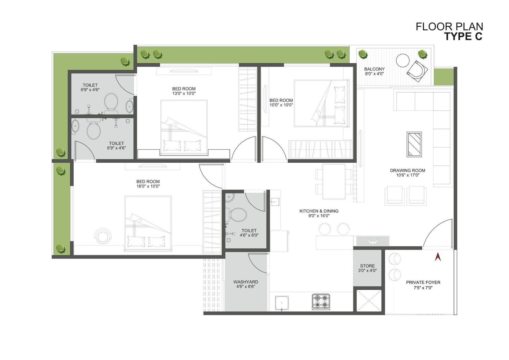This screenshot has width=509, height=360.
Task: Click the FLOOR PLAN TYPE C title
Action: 449,32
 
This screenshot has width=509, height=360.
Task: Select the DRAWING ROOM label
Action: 408,170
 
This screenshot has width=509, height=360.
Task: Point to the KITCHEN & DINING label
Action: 319,211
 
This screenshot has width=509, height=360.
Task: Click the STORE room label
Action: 367,265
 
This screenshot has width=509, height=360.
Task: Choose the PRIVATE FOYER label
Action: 423,282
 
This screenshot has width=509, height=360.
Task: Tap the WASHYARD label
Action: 246,282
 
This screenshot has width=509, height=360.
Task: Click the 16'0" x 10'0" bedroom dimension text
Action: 148,186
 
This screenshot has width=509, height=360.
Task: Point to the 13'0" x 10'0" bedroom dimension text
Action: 184,94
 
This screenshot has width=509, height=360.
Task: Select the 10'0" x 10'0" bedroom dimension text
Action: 281,105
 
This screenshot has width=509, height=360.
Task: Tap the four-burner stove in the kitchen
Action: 321,302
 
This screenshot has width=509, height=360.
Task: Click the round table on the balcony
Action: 403,60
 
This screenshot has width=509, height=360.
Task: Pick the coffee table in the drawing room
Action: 414,145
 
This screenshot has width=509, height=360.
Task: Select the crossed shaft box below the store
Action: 369,300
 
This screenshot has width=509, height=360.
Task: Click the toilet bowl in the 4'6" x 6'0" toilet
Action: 238,215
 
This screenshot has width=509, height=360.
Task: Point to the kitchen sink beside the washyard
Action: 282,303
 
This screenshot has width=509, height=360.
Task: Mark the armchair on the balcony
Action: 418,71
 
